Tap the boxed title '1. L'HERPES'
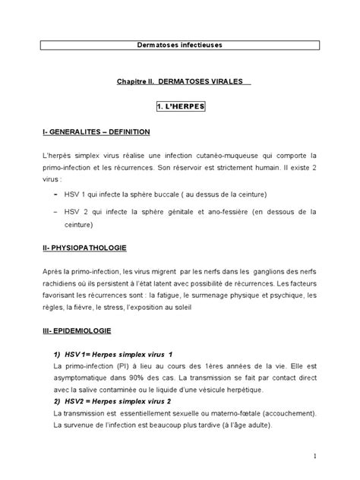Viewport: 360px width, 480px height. tap(180, 108)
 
